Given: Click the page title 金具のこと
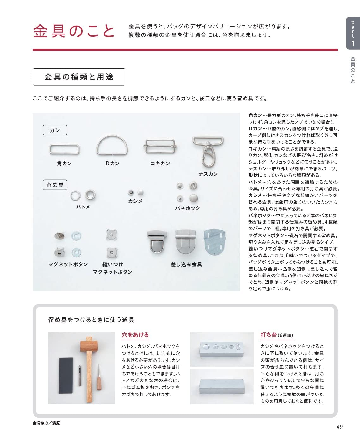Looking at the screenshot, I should point(74,31).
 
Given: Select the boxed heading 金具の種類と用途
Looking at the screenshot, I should point(79,77).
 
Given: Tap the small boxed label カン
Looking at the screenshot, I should point(55,130).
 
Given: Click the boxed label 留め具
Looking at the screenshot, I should point(55,185).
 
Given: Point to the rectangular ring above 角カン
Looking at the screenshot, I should point(64,149).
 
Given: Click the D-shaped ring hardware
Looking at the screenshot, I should point(112,146).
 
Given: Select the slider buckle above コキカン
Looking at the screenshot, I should point(160,146).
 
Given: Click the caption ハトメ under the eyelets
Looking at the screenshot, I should point(83,207).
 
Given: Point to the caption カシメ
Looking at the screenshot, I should point(135,201).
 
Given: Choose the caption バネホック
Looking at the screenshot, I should point(187,208).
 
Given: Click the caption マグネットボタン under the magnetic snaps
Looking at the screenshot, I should point(68,264).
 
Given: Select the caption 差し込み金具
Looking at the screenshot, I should point(186,264).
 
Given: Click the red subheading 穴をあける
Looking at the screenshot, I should point(135,335).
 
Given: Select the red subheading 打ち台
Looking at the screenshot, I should point(269,335).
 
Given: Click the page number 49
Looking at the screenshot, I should point(339,427).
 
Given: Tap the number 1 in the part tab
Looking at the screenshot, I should point(353,43).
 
